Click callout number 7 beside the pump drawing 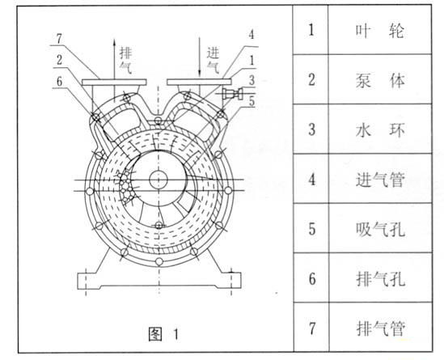coord(59,39)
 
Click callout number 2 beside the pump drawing coord(59,60)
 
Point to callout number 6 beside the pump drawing coord(59,81)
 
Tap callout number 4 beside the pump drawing coord(252,34)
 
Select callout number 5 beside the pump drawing coord(252,102)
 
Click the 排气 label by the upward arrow coord(125,60)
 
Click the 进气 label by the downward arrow coord(213,60)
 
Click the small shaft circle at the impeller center coord(159,180)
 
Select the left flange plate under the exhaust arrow coord(114,83)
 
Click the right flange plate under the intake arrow coord(199,83)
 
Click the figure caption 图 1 coord(164,334)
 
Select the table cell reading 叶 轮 coord(379,30)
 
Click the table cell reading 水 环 coord(380,129)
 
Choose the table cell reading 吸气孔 coord(380,229)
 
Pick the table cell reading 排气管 coord(380,328)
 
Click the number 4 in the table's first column coord(311,180)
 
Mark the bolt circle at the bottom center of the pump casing coord(159,261)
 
